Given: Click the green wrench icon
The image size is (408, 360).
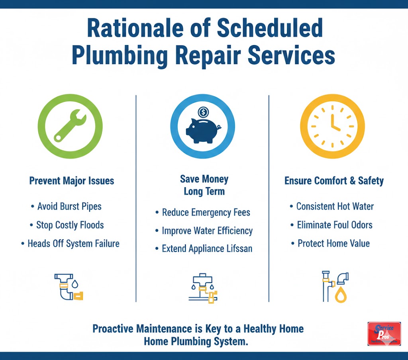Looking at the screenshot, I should coord(70,126).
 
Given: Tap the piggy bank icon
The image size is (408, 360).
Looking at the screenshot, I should coord(203,130).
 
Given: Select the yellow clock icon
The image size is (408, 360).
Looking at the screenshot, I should coord(332,126).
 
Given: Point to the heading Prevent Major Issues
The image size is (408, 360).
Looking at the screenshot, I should coord(72,181).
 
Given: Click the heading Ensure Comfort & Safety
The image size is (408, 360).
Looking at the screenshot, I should coord(334,181).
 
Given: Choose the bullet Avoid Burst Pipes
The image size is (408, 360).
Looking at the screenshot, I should coord(69,206).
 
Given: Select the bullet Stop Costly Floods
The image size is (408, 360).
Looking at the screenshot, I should coord(70,225).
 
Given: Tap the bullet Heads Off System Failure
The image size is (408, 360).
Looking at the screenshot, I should coord(73,243).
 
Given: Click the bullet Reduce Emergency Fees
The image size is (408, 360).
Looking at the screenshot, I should coord(206,212).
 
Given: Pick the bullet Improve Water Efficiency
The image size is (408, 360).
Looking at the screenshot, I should coord(207,231).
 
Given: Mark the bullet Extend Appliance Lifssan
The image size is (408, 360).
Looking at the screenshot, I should coord(207,249).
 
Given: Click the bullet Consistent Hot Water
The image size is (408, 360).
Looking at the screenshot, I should coord(335,206).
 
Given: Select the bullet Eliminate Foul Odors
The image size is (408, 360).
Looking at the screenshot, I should coord(335,225).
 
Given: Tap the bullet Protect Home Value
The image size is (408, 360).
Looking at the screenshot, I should coord(334,243).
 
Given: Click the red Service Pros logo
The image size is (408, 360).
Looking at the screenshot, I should coord(384,333).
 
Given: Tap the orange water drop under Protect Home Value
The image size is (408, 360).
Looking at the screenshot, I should coord(341,295).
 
